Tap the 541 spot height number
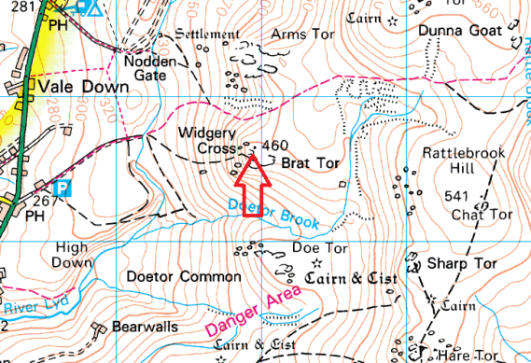tap(457, 196)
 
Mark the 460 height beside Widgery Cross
tap(275, 146)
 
